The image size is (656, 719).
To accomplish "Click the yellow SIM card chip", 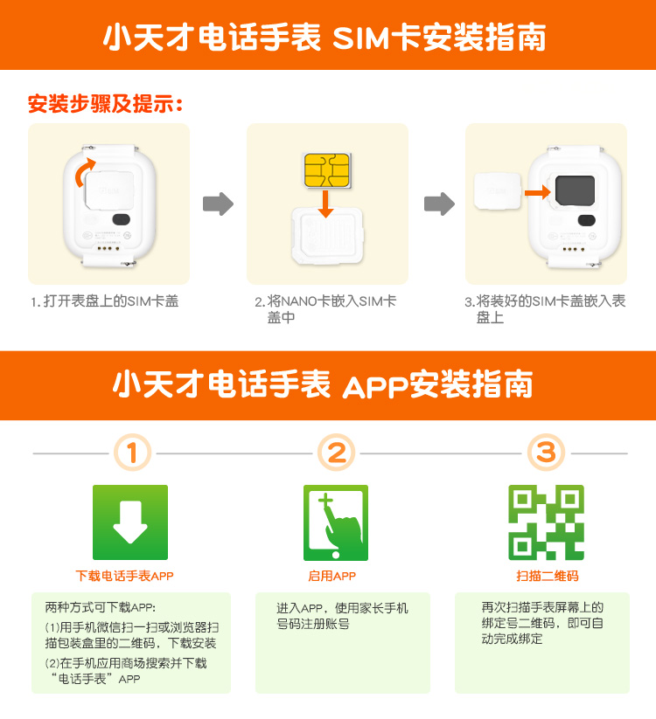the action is click(x=327, y=170).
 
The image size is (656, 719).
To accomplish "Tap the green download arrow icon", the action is click(x=130, y=522).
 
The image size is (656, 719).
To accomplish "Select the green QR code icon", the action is click(x=547, y=522).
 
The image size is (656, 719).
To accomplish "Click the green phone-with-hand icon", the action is click(x=336, y=522).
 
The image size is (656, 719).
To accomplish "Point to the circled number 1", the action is click(x=132, y=453).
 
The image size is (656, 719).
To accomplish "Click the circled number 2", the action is click(x=337, y=453).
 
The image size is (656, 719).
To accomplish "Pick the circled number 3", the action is click(x=547, y=453).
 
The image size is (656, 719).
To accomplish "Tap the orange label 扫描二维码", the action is click(x=548, y=576).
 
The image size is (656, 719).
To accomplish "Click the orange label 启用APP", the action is click(x=331, y=576).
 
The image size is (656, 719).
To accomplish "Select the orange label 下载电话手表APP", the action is click(x=124, y=576).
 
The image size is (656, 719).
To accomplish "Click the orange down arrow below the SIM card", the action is click(x=325, y=204).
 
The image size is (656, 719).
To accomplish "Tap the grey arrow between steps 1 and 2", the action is click(x=218, y=204).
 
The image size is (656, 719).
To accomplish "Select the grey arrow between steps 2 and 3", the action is click(x=439, y=204).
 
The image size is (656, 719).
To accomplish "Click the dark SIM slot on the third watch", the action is click(x=576, y=190).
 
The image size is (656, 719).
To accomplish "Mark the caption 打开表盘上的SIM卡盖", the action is click(x=110, y=301).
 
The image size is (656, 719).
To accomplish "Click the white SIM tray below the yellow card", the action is click(x=327, y=235).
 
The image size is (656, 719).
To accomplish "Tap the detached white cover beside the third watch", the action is click(x=498, y=191).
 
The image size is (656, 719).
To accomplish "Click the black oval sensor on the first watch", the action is click(x=122, y=219).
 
